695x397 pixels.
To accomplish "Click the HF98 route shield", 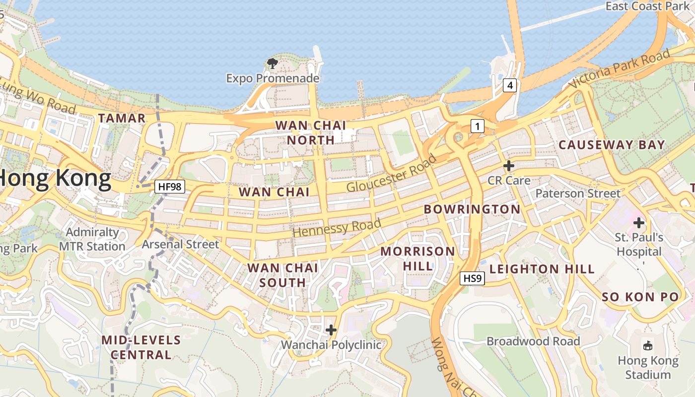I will tap(170, 187).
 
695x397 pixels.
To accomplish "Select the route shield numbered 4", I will tap(509, 85).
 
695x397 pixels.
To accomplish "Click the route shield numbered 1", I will tap(477, 126).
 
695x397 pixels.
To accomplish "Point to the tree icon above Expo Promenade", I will tap(272, 64).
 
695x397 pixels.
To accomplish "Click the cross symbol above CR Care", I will tap(509, 166).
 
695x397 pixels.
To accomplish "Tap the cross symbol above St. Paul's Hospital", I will tap(639, 222).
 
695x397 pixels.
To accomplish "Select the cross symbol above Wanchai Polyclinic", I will tap(331, 330).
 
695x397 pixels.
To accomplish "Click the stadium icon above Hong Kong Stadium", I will tap(648, 346).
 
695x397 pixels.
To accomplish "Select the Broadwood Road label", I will tap(533, 341).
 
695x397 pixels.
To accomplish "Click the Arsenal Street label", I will tap(180, 244).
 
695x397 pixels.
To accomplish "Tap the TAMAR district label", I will tap(122, 118).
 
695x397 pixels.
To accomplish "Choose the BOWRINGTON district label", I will tap(472, 209).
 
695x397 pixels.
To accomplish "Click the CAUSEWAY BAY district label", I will tap(612, 145).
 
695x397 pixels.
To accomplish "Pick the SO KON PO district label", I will tap(640, 297).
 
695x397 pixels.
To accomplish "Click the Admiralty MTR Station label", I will tap(92, 239).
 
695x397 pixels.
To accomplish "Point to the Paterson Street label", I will tap(578, 194).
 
